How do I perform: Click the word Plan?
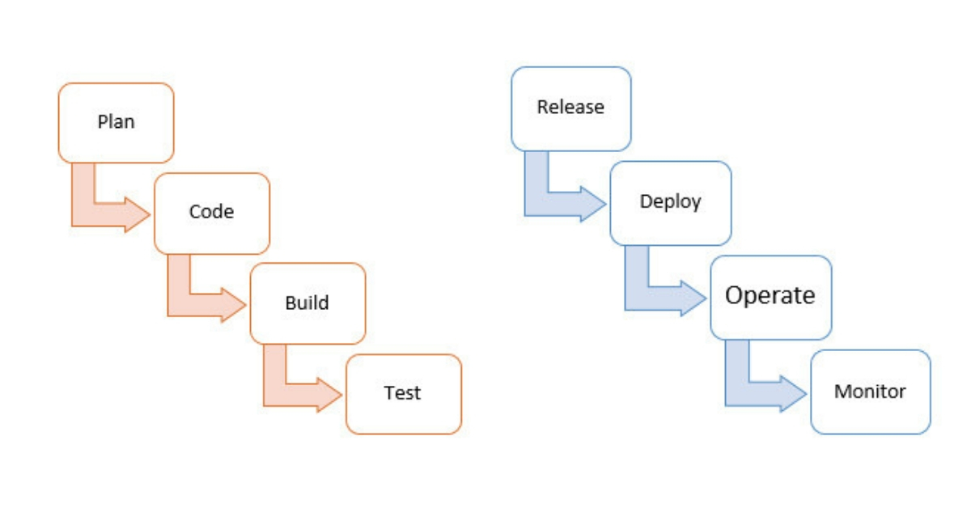tap(116, 122)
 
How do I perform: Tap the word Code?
tap(211, 212)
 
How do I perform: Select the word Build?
tap(307, 303)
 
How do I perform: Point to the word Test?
tap(402, 393)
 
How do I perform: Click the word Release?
tap(570, 107)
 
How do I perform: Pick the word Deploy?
tap(670, 201)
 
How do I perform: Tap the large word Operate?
tap(770, 296)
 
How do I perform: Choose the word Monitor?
tap(870, 392)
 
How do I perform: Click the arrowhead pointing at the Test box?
tap(329, 394)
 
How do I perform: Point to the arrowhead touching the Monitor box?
tap(793, 393)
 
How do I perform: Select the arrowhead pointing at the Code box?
tap(137, 214)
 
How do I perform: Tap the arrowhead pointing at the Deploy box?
tap(592, 204)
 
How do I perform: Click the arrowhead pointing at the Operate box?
tap(693, 298)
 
